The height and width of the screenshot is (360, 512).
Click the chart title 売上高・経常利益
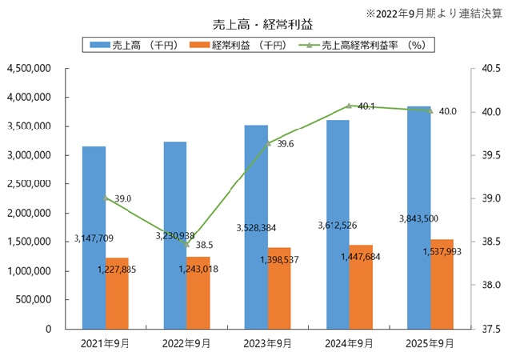coord(256,25)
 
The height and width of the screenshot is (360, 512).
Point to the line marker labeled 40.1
coord(349,106)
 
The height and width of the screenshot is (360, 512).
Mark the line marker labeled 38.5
coord(187,244)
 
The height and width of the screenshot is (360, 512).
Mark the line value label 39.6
coord(286,144)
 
